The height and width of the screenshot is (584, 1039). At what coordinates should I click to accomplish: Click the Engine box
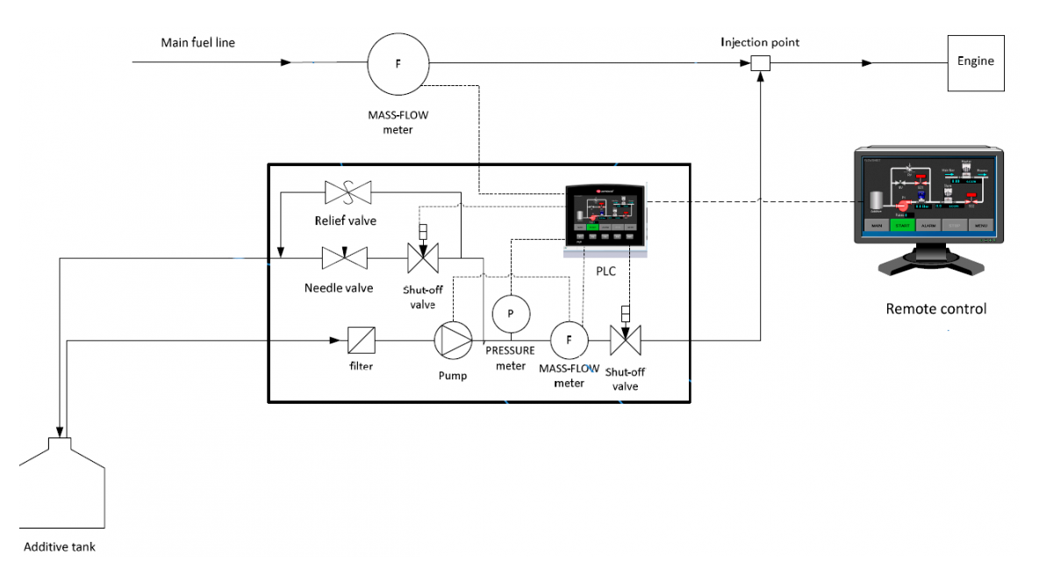(975, 62)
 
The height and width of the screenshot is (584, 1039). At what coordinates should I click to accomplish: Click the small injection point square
(761, 63)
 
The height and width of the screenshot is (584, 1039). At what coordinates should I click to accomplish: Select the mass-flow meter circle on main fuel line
(398, 63)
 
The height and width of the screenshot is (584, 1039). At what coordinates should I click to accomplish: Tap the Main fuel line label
(197, 42)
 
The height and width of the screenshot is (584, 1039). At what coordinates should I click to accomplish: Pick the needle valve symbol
(344, 258)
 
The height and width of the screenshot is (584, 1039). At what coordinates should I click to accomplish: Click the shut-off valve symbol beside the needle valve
(422, 259)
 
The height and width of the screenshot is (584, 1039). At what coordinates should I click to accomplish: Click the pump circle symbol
(454, 340)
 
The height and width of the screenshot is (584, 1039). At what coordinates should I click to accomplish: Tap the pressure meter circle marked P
(511, 314)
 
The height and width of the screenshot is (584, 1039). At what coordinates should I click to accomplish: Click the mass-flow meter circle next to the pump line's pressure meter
(569, 340)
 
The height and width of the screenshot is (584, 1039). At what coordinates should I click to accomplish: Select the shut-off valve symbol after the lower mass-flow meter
(625, 338)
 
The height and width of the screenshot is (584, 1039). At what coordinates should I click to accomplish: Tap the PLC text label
(605, 271)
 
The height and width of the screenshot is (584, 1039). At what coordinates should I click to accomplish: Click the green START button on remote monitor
(902, 225)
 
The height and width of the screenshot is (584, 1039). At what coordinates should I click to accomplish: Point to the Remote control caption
(935, 309)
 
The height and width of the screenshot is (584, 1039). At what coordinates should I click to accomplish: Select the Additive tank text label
(59, 547)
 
